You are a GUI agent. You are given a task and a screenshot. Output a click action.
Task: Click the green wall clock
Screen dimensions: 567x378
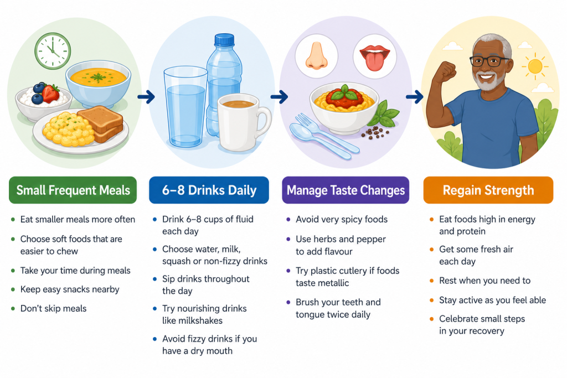click(x=53, y=51)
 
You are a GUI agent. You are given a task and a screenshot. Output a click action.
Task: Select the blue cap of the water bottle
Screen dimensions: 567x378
click(x=225, y=40)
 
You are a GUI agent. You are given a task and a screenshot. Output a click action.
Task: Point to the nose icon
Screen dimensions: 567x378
click(x=316, y=55)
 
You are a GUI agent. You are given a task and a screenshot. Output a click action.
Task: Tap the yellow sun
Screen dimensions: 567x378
click(x=535, y=66)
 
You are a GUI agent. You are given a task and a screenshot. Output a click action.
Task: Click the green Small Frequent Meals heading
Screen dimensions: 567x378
click(x=73, y=190)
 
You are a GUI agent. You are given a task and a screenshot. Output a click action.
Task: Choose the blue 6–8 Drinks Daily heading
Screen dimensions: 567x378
click(x=209, y=190)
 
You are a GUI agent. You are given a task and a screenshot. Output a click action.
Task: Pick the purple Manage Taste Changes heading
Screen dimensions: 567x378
click(x=346, y=190)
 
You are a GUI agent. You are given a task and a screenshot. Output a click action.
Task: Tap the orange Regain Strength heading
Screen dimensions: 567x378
click(x=488, y=190)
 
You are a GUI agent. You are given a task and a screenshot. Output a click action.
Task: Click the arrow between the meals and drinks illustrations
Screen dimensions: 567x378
click(x=146, y=96)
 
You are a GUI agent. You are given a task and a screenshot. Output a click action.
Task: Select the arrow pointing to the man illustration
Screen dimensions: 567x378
click(x=414, y=96)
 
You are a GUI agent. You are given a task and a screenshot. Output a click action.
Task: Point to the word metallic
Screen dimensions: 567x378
click(x=332, y=283)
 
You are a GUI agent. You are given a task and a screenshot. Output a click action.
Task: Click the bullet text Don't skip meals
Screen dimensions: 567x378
click(x=54, y=309)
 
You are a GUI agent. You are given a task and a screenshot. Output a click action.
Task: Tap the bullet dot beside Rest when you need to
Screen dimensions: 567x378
click(x=431, y=281)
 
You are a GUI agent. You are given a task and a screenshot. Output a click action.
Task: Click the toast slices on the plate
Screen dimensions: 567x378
click(x=101, y=123)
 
